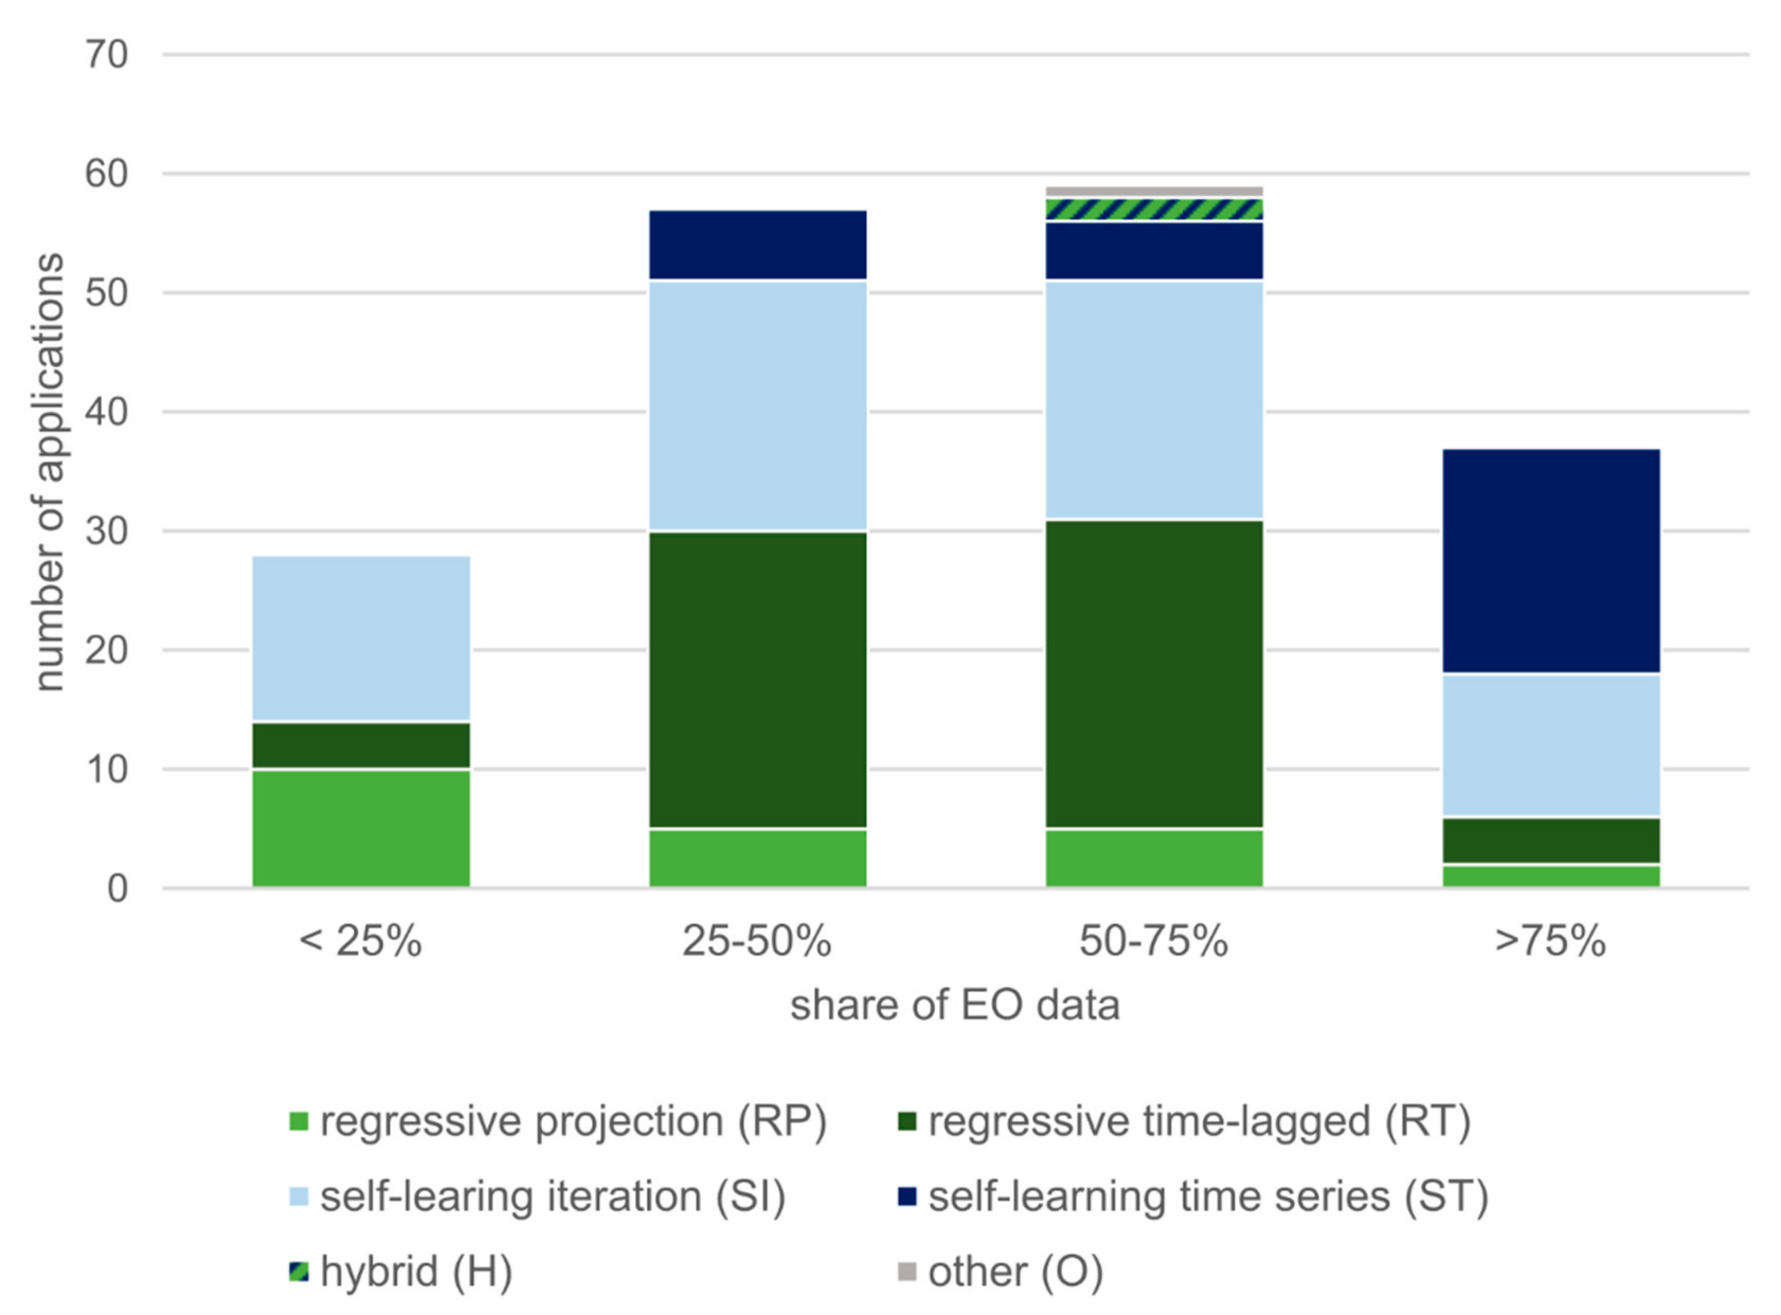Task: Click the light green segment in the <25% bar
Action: (361, 828)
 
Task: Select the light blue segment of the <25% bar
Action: (361, 638)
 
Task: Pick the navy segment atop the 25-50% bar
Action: (757, 245)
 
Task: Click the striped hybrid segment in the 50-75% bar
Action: (1154, 209)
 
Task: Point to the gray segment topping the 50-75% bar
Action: (1154, 191)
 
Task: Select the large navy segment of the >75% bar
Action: (1551, 561)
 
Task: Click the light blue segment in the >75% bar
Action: (1551, 745)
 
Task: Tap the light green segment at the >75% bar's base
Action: (1551, 876)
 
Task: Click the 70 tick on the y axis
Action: (107, 56)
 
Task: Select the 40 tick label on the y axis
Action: (107, 412)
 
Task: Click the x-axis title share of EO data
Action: (955, 1005)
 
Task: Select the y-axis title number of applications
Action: (49, 473)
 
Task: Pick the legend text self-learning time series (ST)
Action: (1208, 1196)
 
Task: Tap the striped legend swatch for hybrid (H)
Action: (299, 1271)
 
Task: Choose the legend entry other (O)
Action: (1015, 1271)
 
